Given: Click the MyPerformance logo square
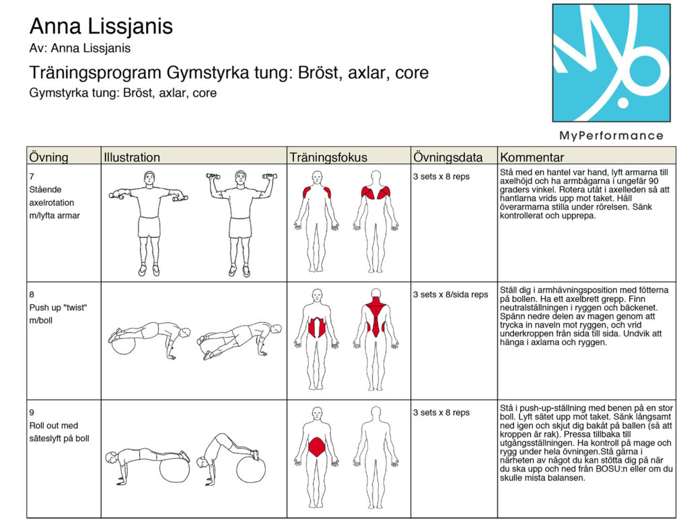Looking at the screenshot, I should coord(611,63).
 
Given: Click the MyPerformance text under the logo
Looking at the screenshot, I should coord(611,135).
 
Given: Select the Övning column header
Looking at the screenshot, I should coord(49,157).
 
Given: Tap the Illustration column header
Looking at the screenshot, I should coord(132,157).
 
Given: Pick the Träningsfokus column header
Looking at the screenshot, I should coord(328,157).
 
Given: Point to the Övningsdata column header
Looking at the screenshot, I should coord(447,157).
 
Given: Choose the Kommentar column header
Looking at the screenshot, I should coord(532,157).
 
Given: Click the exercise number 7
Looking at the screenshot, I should coord(32,176).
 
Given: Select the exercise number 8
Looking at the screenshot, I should coord(32,294).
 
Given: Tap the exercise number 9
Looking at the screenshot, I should coord(32,412).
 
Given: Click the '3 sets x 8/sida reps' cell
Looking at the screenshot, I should coord(450,295).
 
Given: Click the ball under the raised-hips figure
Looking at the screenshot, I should coord(250,469).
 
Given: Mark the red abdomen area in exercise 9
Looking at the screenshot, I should coord(316,447).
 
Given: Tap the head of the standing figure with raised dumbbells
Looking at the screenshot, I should coord(240,178).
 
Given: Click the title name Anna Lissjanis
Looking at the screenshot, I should coord(101,27).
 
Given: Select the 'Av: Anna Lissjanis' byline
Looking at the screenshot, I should coord(80,48).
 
